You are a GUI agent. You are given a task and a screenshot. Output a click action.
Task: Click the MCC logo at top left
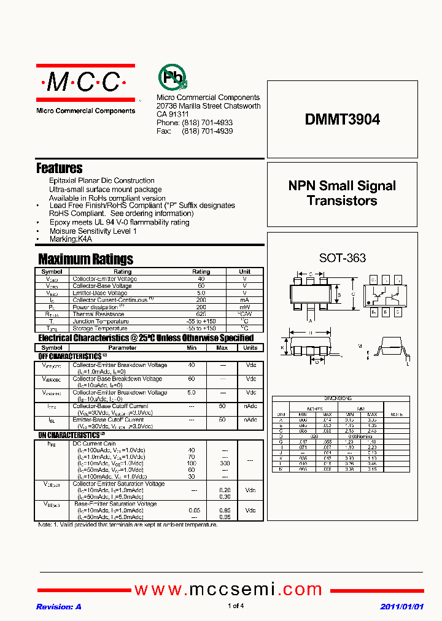coord(85,83)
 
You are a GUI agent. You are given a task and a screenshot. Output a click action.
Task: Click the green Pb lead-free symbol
coord(173,78)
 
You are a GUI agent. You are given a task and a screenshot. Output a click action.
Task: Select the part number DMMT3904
coord(342,120)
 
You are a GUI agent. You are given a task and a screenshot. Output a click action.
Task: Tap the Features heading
coord(60,168)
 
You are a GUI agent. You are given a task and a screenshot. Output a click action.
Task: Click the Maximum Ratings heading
coord(85,259)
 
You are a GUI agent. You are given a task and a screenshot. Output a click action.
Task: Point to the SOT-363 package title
coord(342,258)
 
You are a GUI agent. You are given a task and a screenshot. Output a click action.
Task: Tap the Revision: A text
coord(59,606)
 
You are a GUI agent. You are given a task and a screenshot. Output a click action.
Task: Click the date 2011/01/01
coord(401,606)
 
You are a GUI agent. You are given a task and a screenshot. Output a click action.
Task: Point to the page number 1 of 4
coord(236,606)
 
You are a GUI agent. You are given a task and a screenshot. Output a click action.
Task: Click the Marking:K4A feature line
coord(71,239)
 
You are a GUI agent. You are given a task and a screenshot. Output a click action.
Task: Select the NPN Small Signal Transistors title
coord(342,193)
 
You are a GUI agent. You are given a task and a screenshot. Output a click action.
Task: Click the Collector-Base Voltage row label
coord(102,286)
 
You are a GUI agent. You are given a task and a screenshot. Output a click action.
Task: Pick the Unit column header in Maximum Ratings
coord(244,271)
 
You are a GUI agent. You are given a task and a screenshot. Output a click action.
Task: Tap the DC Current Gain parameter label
coord(94,444)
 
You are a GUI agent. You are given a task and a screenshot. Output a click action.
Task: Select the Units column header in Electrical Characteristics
coord(250,347)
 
